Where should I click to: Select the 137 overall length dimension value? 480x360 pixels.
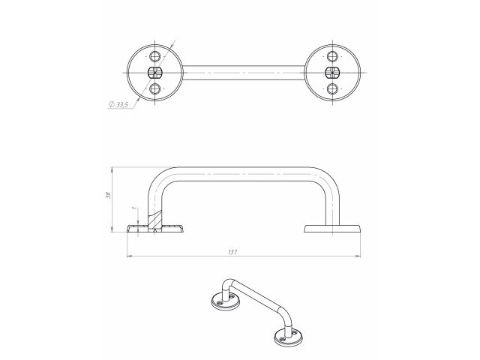click(232, 252)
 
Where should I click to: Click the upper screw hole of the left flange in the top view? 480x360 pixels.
click(155, 56)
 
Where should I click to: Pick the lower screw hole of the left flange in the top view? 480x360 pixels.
click(155, 89)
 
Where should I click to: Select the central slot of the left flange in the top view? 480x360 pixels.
click(155, 73)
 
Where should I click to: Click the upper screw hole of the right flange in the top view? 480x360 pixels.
click(332, 56)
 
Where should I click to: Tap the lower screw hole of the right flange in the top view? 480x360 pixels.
click(332, 89)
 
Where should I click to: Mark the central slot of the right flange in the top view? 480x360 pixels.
click(332, 73)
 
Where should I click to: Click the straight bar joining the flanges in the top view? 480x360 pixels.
click(244, 73)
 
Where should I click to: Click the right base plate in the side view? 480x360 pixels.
click(334, 228)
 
